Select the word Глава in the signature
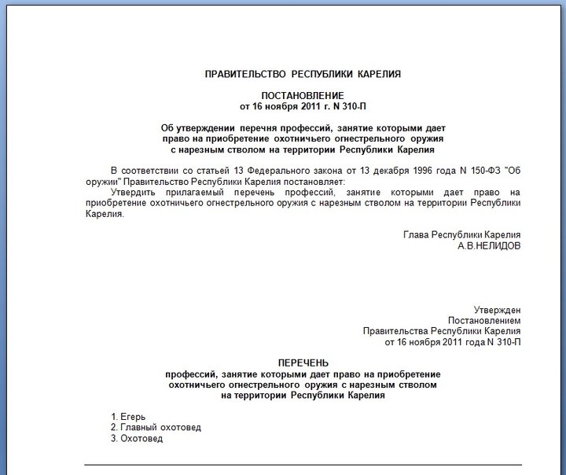(415, 234)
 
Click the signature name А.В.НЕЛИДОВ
(488, 245)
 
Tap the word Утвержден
(497, 310)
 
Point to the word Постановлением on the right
(484, 321)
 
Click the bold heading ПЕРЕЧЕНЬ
(303, 363)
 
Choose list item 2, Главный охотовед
(156, 427)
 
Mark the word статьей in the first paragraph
(199, 170)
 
